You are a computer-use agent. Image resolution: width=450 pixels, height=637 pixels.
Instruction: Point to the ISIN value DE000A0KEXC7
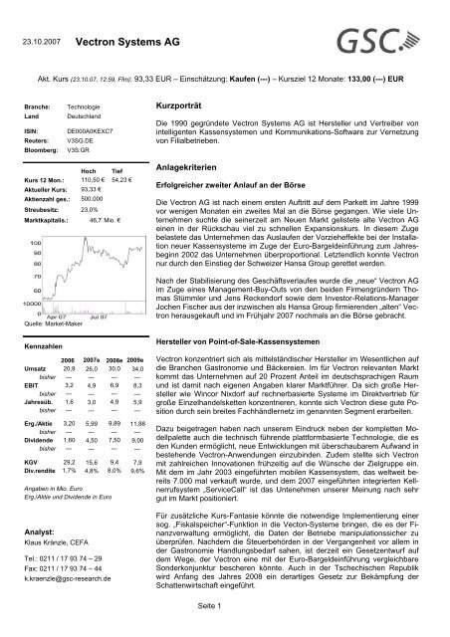click(x=89, y=142)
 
